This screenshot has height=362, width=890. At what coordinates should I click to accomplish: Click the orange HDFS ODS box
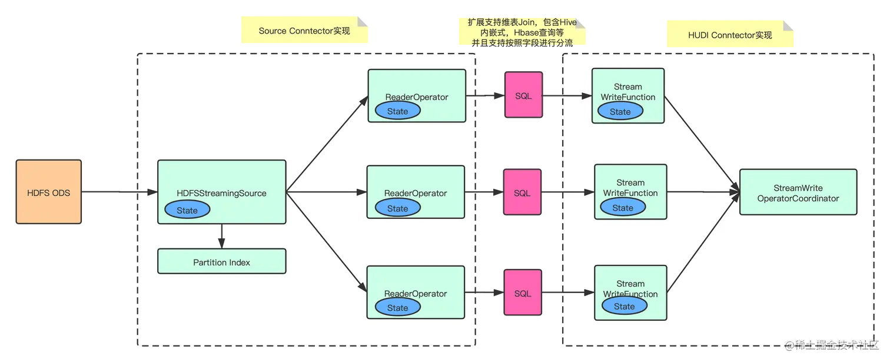tap(48, 192)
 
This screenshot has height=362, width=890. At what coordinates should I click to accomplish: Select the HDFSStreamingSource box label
tap(221, 193)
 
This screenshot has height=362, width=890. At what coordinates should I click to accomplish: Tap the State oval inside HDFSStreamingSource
tap(187, 210)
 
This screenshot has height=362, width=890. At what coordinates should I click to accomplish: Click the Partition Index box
tap(221, 262)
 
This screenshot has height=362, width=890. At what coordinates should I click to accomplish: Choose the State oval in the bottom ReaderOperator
tap(397, 307)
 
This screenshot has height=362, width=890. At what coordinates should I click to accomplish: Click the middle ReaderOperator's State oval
tap(397, 208)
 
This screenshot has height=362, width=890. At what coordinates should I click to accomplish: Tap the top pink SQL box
tap(523, 96)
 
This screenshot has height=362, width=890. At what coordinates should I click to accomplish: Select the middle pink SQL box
tap(522, 193)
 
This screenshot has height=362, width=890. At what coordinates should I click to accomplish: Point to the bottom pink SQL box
tap(522, 293)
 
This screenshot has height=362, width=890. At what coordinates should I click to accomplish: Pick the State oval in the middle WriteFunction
tap(622, 207)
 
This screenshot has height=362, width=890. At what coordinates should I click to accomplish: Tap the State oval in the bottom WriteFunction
tap(624, 306)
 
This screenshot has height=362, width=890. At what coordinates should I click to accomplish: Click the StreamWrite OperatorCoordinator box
tap(798, 193)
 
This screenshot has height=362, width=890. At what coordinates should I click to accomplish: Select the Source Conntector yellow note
tap(304, 31)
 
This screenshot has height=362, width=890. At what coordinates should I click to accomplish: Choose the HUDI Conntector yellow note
tap(730, 35)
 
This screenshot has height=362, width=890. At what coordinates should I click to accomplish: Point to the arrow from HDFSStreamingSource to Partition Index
tap(221, 236)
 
